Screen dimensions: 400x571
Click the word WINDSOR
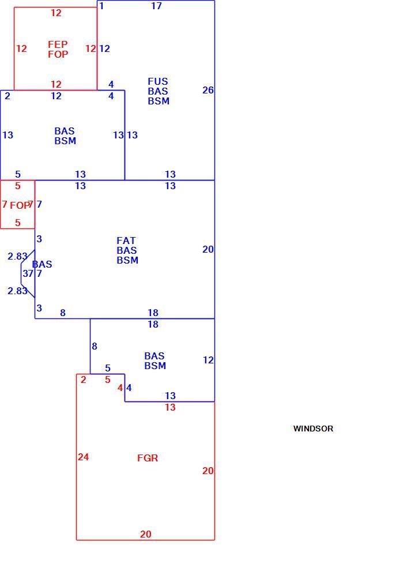pos(313,429)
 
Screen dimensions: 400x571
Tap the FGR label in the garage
pos(148,458)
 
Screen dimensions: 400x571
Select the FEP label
pos(58,44)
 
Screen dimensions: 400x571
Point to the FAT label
pos(126,241)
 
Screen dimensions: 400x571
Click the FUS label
pos(157,81)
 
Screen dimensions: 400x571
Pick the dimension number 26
pos(208,90)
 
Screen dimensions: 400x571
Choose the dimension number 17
pos(156,6)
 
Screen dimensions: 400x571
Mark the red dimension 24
pos(84,457)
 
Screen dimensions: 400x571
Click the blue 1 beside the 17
pos(101,6)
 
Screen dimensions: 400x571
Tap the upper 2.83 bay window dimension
pos(17,256)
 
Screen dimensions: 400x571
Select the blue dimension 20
pos(208,249)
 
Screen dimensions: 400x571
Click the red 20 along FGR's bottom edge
pos(146,534)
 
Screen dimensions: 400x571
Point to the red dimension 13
pos(171,407)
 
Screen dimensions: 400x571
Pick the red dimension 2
pos(84,380)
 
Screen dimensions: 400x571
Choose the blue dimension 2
pos(7,96)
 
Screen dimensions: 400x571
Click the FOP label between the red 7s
pos(19,205)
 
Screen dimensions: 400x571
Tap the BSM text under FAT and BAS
pos(127,260)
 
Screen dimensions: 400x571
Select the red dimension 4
pos(120,388)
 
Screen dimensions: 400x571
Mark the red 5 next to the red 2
pos(108,380)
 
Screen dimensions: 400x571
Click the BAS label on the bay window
pos(42,264)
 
